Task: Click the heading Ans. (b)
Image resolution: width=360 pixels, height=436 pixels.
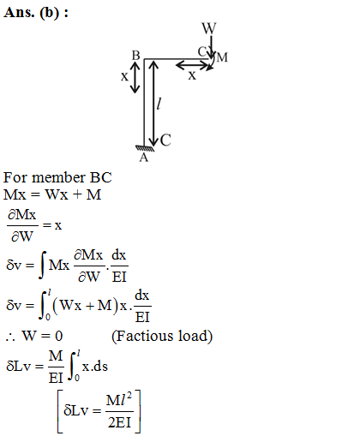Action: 36,13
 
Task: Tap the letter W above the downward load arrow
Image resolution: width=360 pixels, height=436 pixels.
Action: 209,28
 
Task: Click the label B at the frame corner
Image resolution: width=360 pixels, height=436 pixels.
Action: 136,56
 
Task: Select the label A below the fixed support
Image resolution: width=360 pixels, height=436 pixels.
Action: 144,158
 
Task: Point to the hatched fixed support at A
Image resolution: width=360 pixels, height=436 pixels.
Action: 145,148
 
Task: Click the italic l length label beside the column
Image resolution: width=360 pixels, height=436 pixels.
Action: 159,104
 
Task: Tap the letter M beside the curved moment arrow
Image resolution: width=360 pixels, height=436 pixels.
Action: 222,57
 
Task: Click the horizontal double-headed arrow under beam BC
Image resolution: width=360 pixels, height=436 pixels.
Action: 193,65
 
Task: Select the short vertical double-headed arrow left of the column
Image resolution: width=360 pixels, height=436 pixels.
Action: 135,77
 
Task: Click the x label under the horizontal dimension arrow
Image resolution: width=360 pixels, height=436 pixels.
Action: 192,75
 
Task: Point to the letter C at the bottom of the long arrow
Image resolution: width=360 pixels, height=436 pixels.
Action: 165,140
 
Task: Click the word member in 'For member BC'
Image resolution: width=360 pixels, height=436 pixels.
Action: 58,177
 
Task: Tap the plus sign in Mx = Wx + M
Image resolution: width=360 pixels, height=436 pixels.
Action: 77,194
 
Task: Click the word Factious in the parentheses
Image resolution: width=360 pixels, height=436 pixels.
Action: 145,336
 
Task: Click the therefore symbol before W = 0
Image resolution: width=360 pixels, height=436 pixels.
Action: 10,337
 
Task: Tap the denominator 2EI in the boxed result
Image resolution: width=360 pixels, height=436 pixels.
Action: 119,422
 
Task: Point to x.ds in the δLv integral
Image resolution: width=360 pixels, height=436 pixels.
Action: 95,367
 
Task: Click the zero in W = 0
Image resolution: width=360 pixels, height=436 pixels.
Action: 59,336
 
